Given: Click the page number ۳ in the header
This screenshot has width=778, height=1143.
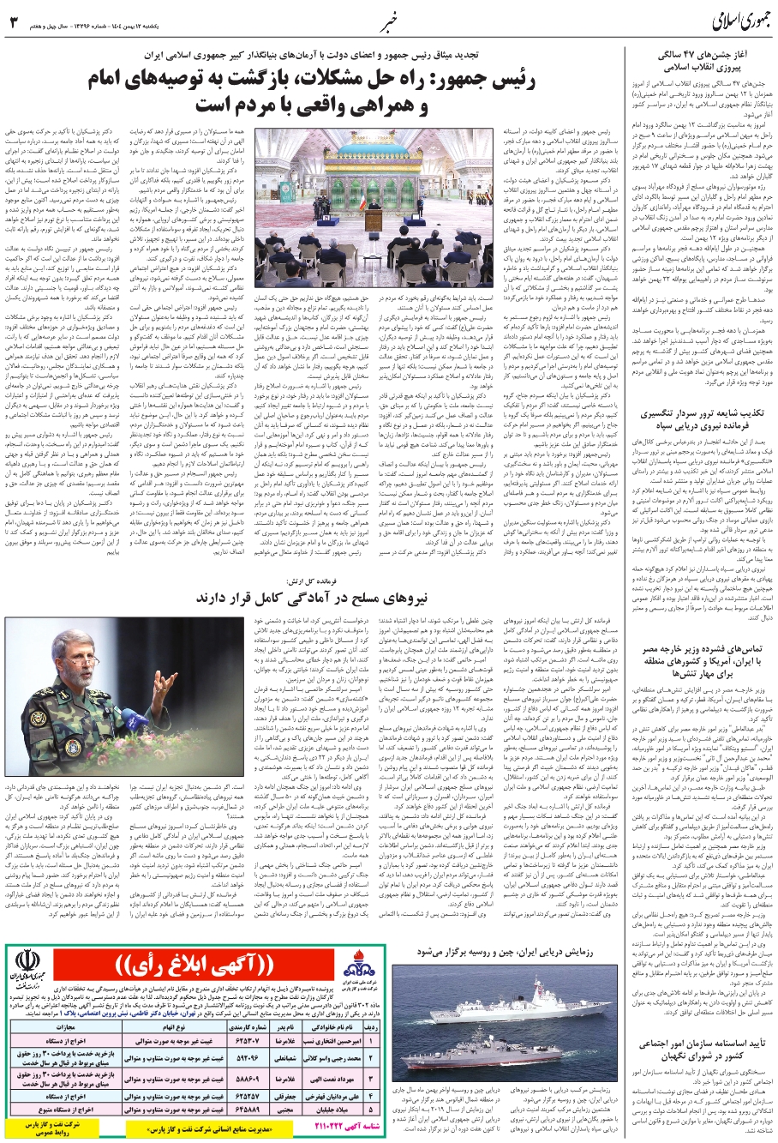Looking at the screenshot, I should (x=14, y=21).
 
